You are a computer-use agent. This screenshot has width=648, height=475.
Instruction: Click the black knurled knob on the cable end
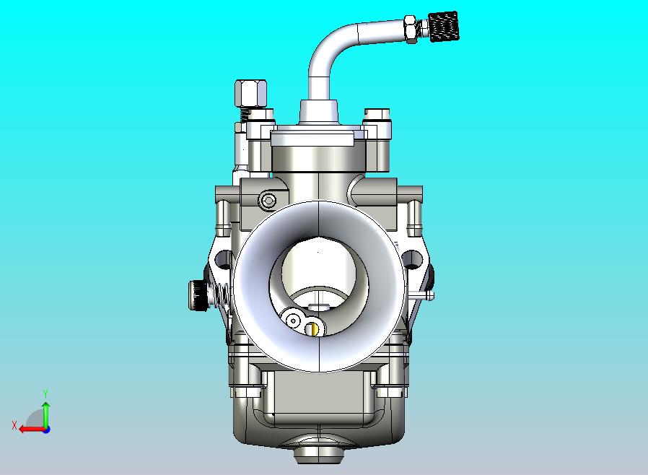[443, 27]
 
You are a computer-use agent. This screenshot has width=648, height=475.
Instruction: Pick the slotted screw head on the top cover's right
[378, 115]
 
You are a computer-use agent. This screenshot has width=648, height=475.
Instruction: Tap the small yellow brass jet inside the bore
[312, 329]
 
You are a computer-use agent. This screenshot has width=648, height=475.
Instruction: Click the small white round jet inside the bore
[293, 321]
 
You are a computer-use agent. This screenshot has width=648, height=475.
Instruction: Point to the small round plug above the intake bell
[268, 200]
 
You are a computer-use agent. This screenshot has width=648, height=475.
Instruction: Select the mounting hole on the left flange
[222, 258]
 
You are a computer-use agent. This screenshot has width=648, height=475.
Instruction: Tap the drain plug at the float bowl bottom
[318, 453]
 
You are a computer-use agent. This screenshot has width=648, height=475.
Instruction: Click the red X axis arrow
[29, 429]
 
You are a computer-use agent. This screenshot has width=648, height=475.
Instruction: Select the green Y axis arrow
[45, 414]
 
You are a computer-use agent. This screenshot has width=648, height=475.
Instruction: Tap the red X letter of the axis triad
[14, 426]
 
